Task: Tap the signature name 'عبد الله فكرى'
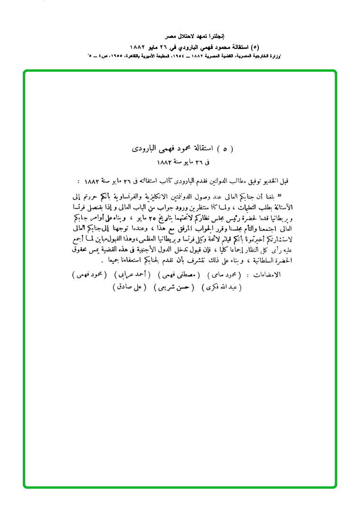[x=222, y=287]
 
